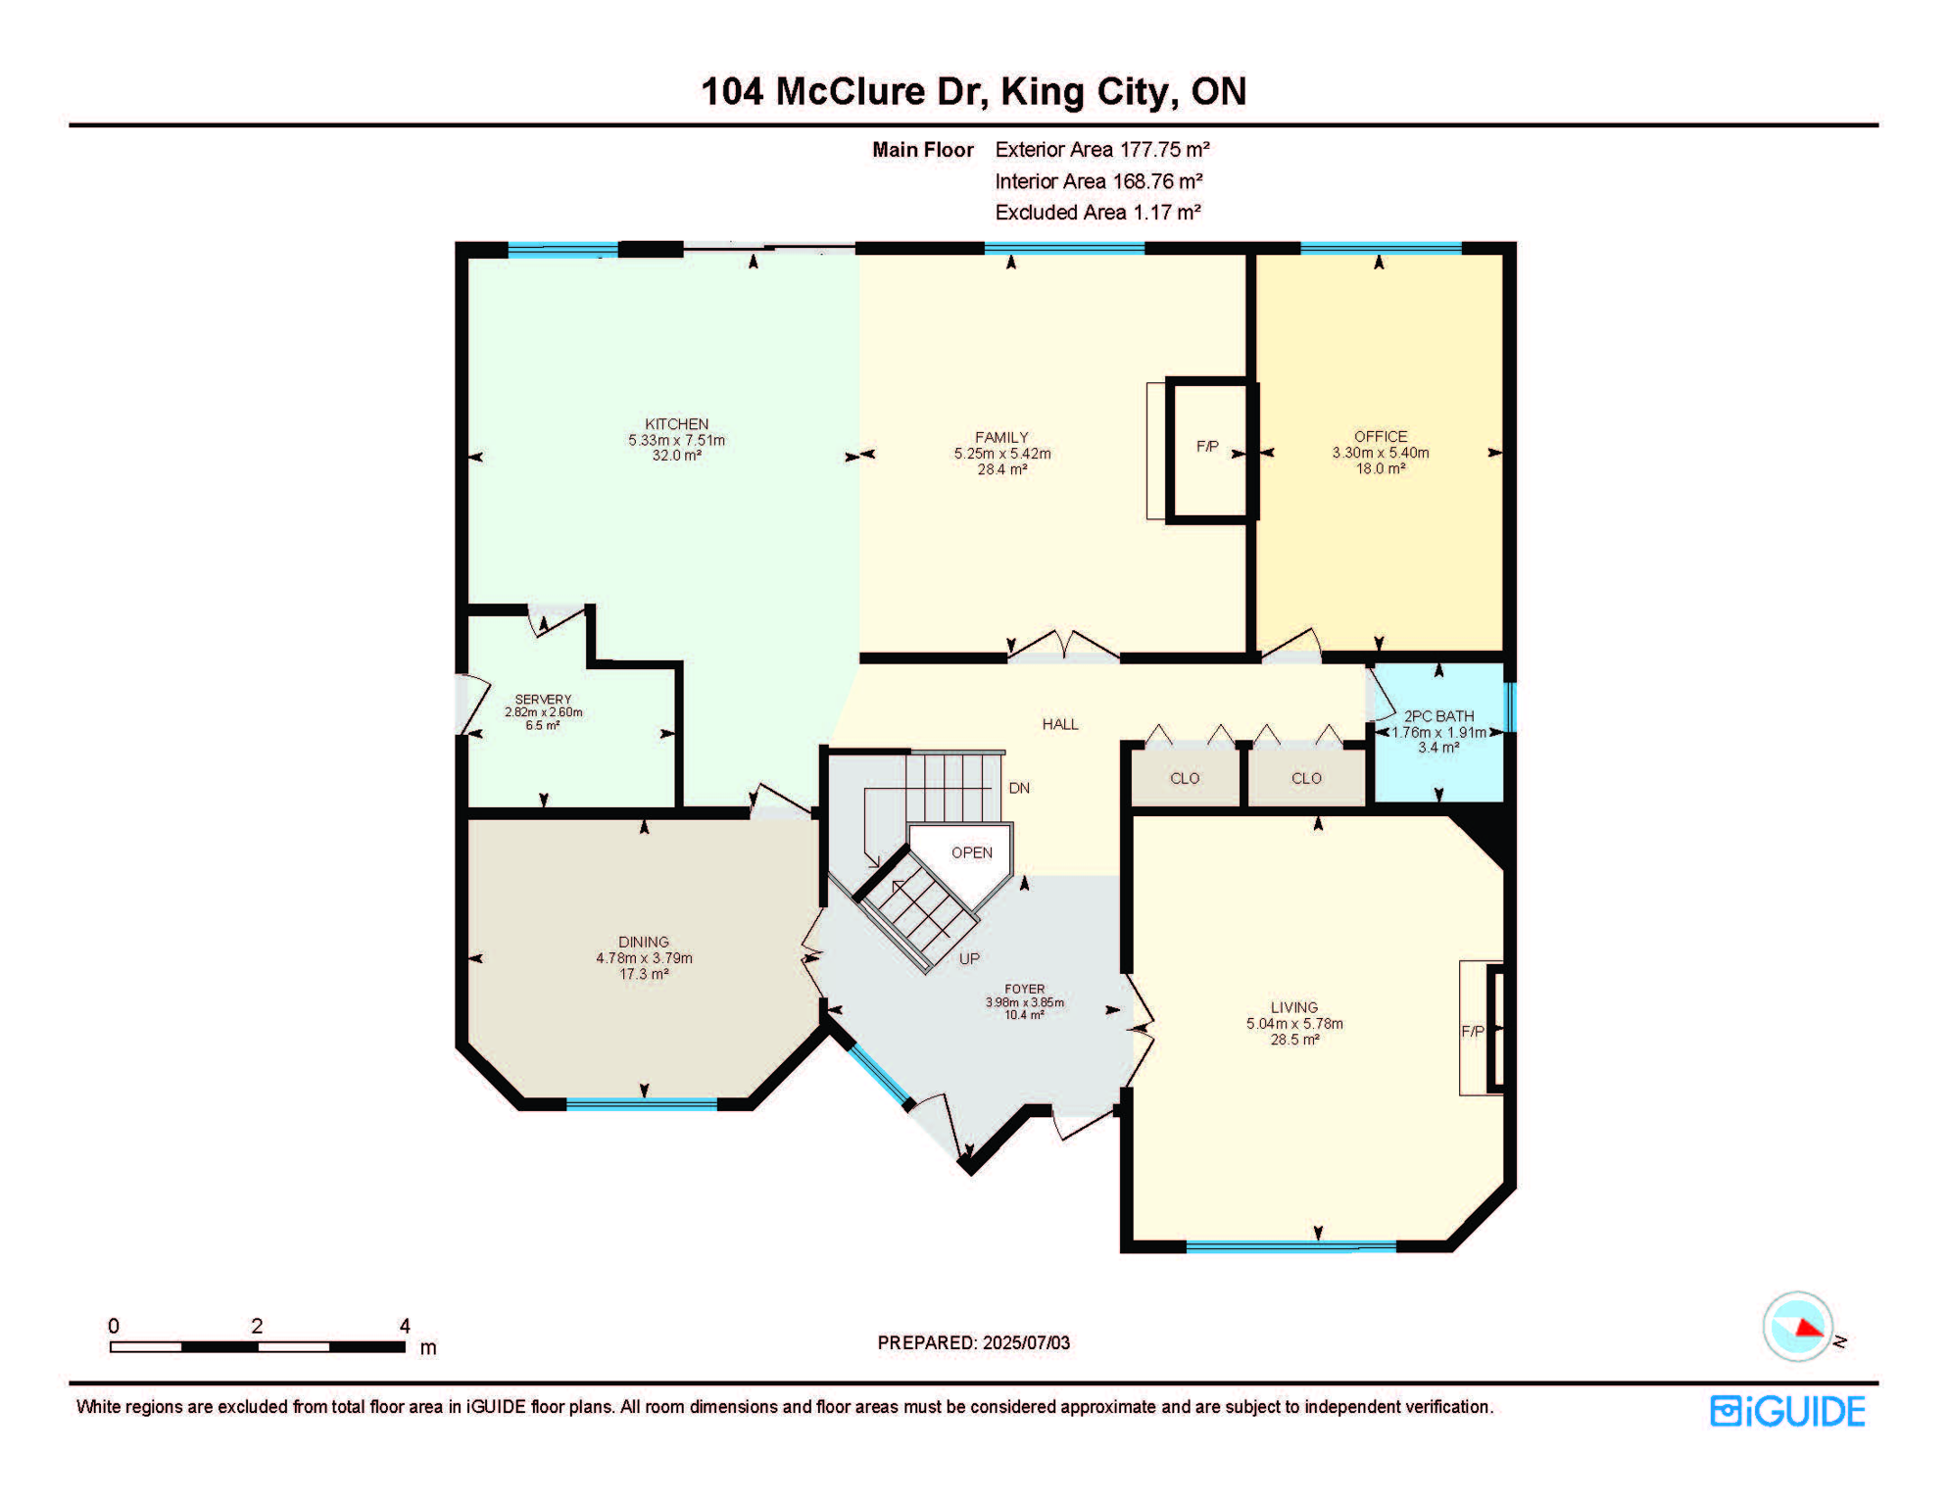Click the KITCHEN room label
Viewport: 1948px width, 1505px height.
click(676, 424)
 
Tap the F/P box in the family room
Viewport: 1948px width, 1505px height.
click(1207, 448)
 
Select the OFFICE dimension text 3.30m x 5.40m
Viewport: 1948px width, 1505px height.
click(1380, 453)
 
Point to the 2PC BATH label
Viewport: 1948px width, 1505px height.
click(1438, 716)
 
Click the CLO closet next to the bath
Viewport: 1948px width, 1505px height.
click(1305, 778)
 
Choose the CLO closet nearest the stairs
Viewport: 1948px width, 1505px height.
click(1184, 778)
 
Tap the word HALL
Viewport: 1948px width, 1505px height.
click(1059, 724)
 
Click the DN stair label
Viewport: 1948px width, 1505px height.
click(1019, 788)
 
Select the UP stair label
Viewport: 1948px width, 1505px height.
click(969, 958)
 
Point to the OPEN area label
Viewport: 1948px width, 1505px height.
click(971, 852)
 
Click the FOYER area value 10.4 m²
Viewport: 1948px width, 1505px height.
click(1024, 1015)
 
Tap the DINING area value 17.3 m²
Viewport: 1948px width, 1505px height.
click(644, 974)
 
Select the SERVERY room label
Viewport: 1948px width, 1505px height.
click(543, 700)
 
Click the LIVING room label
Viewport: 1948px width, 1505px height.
click(1293, 1007)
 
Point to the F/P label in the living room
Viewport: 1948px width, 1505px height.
click(1472, 1031)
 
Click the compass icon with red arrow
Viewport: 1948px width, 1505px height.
click(1797, 1327)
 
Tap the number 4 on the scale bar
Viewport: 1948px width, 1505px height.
click(405, 1326)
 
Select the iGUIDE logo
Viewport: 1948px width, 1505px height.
click(1787, 1411)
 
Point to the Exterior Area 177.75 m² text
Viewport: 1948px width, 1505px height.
click(1101, 150)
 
